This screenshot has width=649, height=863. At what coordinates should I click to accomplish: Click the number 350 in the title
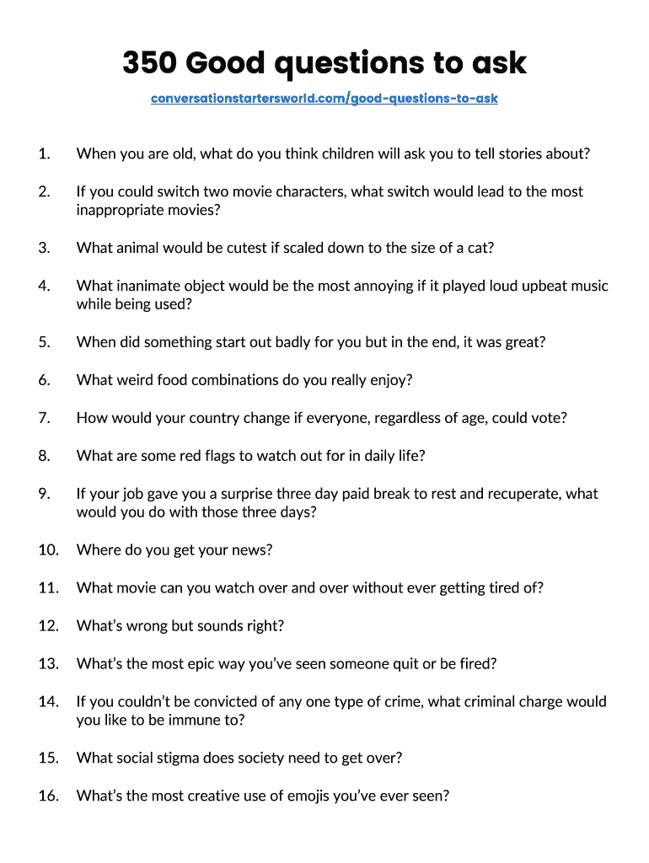pos(149,63)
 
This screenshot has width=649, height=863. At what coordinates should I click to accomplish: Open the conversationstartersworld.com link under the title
pos(324,99)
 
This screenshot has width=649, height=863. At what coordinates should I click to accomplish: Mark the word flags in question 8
pos(218,456)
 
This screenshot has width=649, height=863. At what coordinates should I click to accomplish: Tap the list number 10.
pos(47,550)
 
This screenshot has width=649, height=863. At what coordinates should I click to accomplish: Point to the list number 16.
pos(47,796)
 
